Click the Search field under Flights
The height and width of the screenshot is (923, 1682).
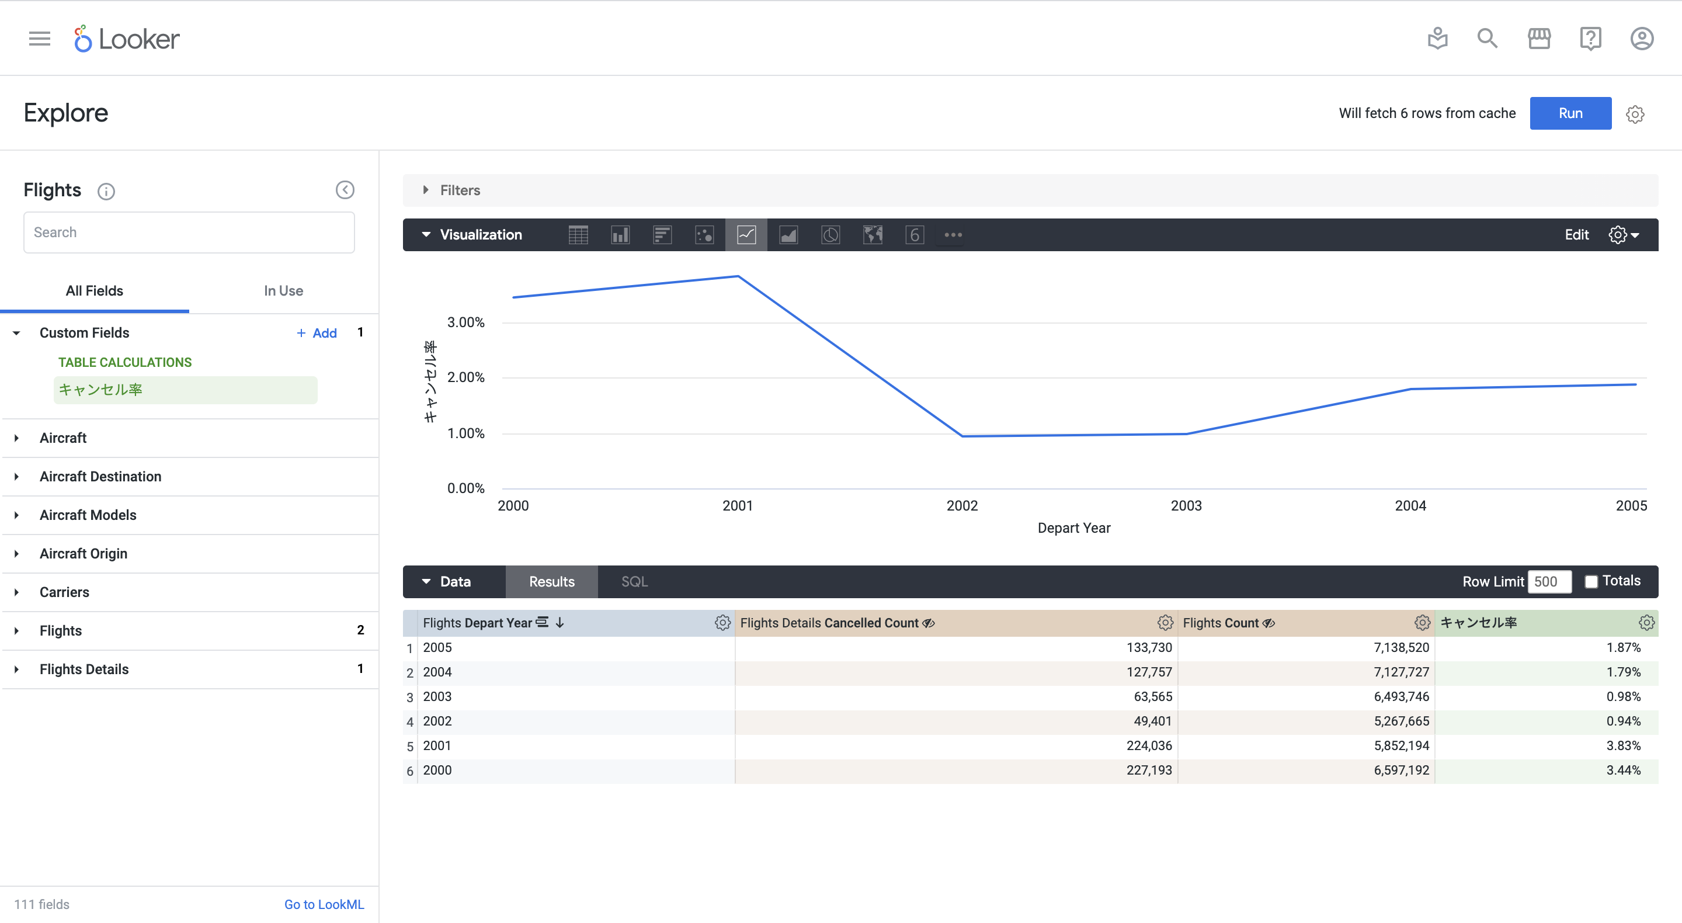189,233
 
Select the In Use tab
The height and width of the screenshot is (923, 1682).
283,291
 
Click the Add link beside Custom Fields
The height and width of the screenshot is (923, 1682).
317,333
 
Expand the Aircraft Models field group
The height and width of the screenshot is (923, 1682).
88,515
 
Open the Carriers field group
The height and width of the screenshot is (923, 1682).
64,592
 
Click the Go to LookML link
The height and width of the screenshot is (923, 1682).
324,904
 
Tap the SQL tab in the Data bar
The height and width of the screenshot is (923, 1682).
634,581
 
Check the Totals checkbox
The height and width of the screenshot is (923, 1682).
1591,581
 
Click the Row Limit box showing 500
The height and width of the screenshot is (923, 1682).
1549,581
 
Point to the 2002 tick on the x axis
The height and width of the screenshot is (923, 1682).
962,505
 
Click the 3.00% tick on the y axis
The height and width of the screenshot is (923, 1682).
465,322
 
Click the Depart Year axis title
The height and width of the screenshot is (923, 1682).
1073,528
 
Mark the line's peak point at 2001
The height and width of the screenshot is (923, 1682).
738,276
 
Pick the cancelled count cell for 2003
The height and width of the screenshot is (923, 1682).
1152,696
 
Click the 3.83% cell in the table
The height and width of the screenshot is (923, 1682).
1622,745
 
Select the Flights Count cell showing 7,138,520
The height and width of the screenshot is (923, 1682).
1400,647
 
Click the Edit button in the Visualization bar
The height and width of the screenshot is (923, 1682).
1576,234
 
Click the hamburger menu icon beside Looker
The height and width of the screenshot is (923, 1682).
39,39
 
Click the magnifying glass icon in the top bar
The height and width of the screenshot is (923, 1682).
1488,39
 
